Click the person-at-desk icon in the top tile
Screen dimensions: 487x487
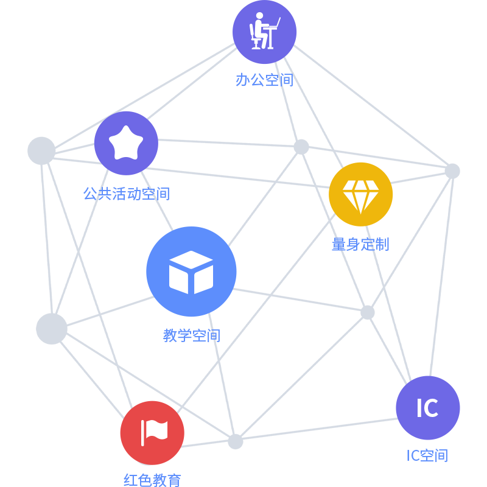[265, 32]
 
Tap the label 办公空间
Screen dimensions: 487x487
[265, 80]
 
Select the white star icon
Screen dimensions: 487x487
[126, 142]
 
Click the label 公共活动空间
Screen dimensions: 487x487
[126, 194]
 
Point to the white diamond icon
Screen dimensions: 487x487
[361, 195]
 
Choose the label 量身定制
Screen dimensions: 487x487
[360, 244]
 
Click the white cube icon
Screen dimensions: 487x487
[191, 272]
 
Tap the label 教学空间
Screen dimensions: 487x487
[192, 335]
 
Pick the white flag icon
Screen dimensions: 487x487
[154, 432]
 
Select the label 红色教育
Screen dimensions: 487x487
[152, 480]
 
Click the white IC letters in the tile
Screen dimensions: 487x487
[427, 408]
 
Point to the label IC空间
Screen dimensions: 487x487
[427, 455]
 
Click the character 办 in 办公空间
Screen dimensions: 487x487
[243, 80]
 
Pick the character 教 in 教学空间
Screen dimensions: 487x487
[170, 335]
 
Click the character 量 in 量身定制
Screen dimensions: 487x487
[339, 244]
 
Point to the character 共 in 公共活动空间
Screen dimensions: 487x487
[105, 194]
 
